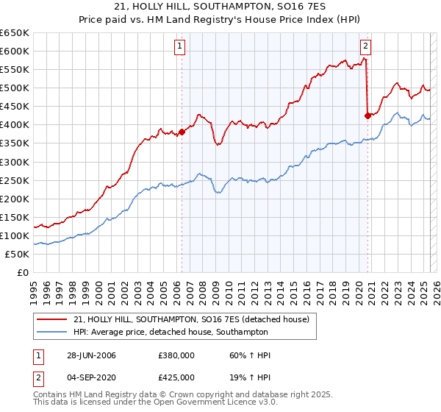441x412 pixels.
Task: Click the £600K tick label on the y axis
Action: [15, 51]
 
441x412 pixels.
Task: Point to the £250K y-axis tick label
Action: [15, 180]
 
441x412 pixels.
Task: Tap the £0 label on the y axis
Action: [21, 272]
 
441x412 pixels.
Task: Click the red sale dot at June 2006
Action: [182, 132]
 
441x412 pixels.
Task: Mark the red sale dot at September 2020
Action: [368, 115]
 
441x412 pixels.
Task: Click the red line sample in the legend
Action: [51, 319]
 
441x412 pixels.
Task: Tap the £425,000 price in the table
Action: [176, 377]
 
